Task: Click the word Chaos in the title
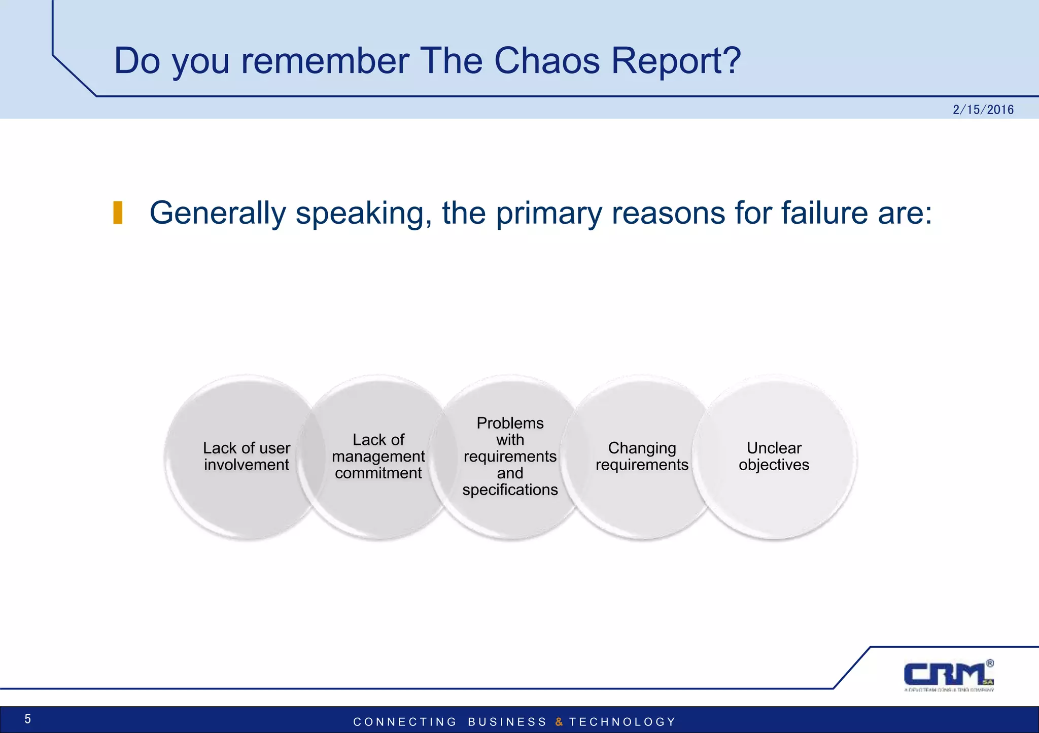[547, 61]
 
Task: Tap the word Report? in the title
[676, 61]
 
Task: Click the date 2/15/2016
[983, 110]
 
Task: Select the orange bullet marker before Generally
[118, 213]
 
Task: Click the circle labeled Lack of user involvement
[247, 457]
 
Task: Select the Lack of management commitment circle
[378, 457]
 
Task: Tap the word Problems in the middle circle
[510, 423]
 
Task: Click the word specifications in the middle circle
[510, 490]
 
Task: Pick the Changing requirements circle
[642, 457]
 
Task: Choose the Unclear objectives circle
[774, 457]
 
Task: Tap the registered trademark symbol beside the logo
[990, 663]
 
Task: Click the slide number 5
[28, 719]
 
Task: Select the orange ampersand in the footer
[559, 722]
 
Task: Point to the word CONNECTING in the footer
[405, 722]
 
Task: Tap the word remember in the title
[325, 61]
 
